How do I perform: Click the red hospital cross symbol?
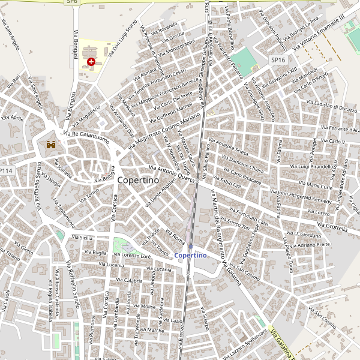click(x=91, y=62)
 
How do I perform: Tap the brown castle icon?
click(x=51, y=145)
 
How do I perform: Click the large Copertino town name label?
click(x=137, y=180)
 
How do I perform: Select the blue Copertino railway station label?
click(x=190, y=256)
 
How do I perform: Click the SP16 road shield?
click(x=278, y=60)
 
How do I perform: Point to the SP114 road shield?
click(x=6, y=171)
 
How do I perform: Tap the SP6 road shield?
click(x=72, y=2)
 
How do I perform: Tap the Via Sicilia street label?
click(x=83, y=238)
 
